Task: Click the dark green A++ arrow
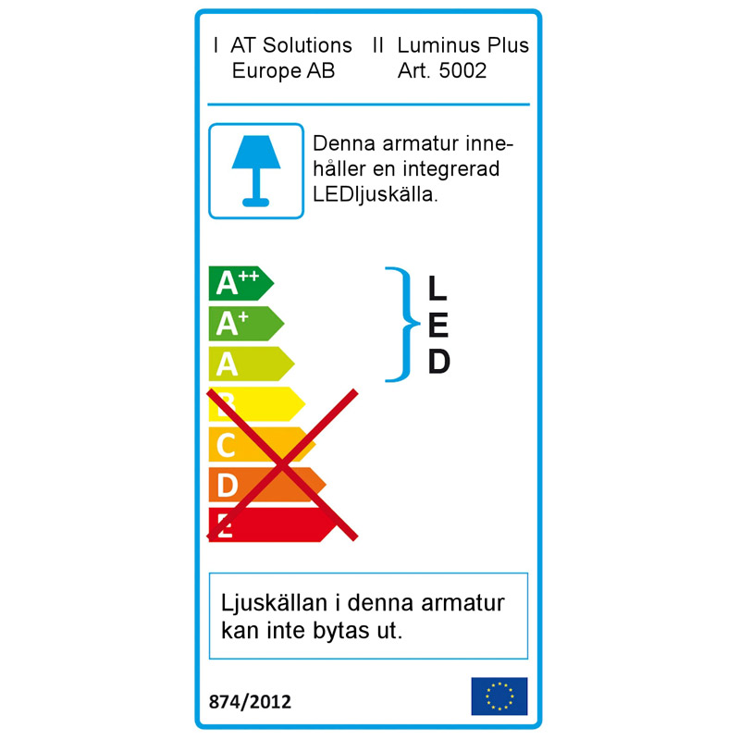point(240,283)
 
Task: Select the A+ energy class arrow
point(246,324)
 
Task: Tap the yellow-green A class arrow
point(251,364)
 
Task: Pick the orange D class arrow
point(266,485)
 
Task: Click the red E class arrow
point(272,524)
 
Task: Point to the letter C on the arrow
point(226,445)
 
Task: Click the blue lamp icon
point(256,171)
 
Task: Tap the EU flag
point(499,697)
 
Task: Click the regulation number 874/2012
point(250,702)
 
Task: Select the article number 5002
point(462,71)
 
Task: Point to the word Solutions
point(307,45)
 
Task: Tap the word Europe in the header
point(266,72)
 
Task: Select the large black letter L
point(438,288)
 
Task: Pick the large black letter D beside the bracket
point(438,362)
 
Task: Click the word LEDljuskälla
point(376,195)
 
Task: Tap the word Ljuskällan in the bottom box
point(274,604)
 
